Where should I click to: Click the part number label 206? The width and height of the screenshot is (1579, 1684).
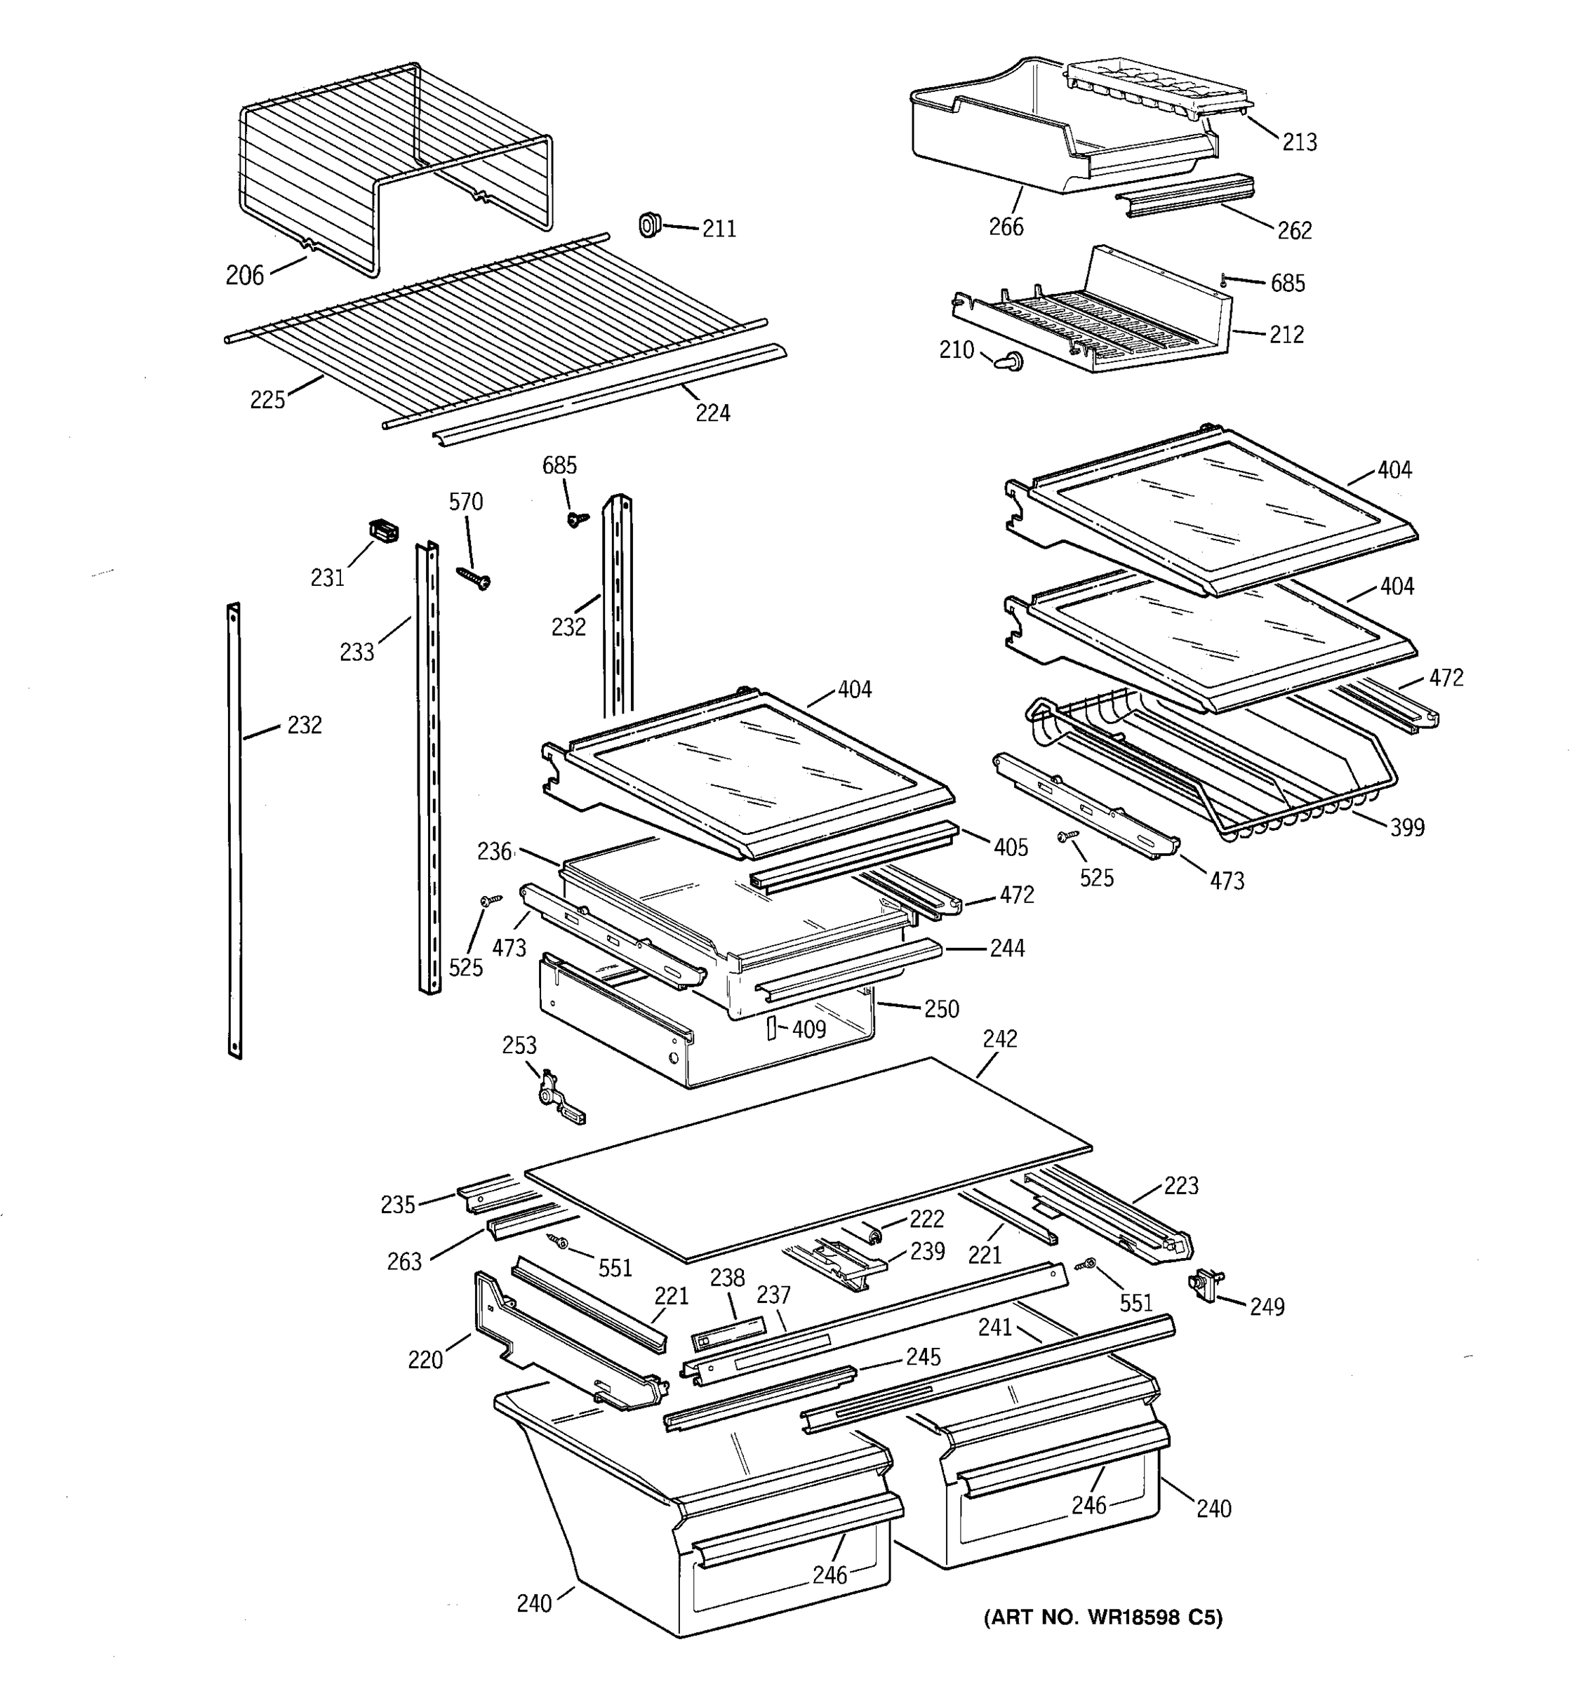pos(244,275)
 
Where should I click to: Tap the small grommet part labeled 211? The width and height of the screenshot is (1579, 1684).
pos(649,225)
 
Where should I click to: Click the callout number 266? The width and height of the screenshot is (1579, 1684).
pos(1006,227)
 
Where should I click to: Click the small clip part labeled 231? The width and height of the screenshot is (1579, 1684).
pos(385,532)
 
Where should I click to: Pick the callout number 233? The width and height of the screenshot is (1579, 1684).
pos(357,653)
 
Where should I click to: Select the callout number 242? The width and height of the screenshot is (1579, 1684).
pos(999,1039)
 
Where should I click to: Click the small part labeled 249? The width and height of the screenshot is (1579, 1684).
pos(1206,1285)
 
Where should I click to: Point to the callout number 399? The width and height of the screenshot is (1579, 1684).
pos(1407,827)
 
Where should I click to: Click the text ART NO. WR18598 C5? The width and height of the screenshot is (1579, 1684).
pos(1103,1618)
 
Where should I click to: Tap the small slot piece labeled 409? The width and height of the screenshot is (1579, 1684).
pos(771,1029)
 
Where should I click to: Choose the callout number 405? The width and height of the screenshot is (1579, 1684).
pos(1011,847)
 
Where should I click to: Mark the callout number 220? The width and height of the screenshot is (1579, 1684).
pos(425,1361)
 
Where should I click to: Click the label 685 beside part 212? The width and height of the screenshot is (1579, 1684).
pos(1288,283)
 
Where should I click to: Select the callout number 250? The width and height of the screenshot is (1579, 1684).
pos(941,1009)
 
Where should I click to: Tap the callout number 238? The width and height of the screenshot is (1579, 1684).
pos(727,1278)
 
